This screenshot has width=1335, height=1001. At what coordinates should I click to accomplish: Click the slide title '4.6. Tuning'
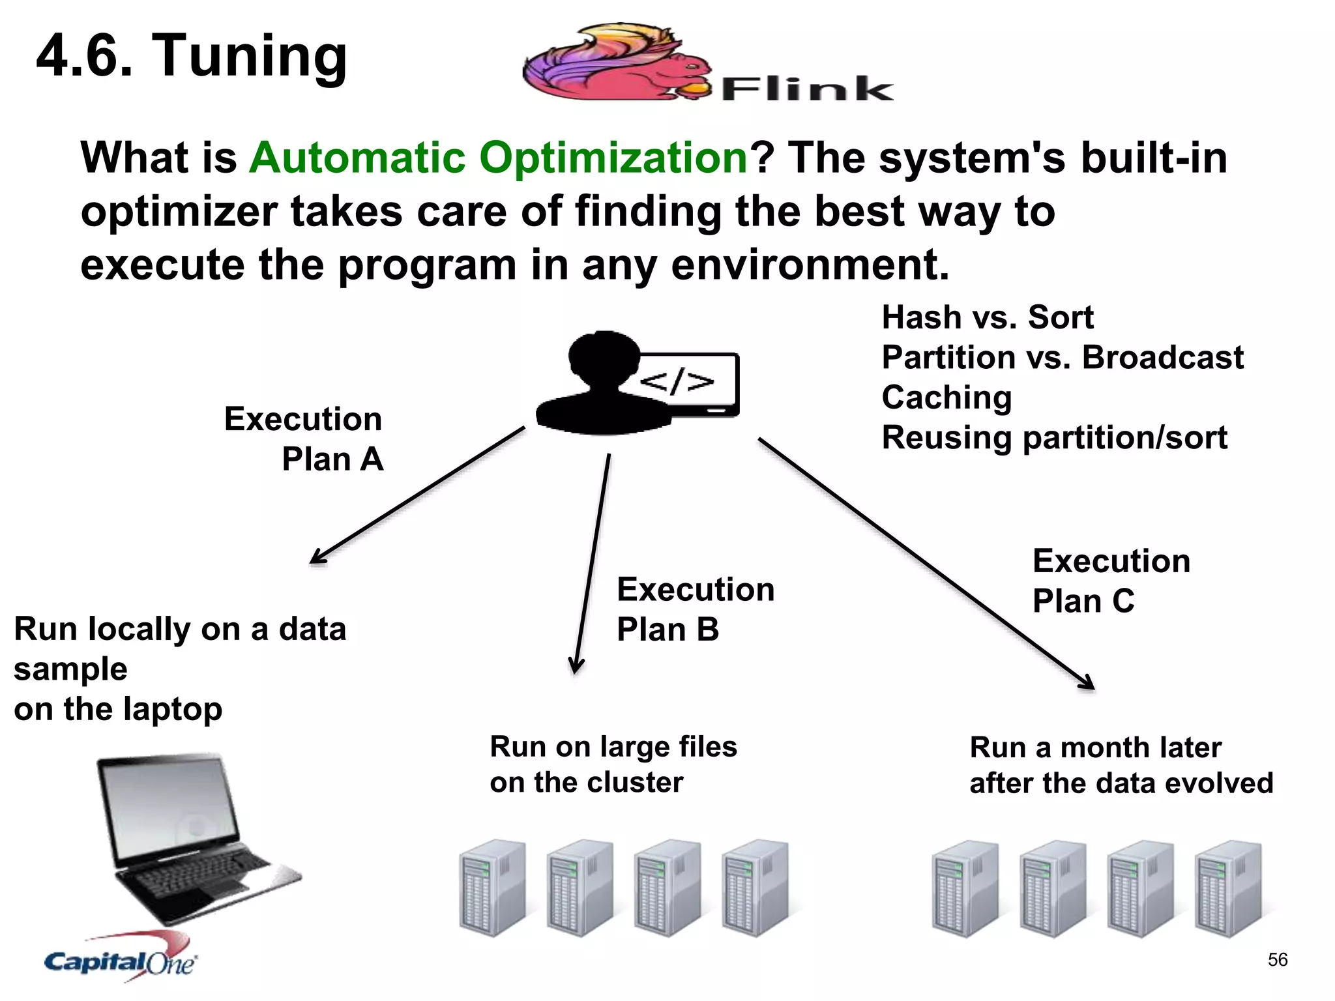[192, 56]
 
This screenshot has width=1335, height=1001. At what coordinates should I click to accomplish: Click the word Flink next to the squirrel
[807, 89]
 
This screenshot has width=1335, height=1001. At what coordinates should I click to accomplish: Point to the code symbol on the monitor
[677, 382]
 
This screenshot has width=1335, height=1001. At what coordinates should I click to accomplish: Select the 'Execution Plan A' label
[304, 439]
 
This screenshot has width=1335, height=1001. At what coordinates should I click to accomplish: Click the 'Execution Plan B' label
[695, 609]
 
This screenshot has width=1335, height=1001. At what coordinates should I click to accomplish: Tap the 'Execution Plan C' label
[1110, 581]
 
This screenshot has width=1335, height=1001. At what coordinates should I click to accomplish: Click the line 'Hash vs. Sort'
[987, 318]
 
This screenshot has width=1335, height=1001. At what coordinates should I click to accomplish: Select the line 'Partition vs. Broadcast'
[1062, 358]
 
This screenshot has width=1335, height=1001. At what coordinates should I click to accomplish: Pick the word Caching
[946, 398]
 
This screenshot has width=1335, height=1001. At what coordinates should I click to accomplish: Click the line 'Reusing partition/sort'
[1054, 438]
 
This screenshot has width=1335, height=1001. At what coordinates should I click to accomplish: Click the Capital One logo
[121, 960]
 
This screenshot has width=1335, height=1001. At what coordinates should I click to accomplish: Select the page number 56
[1277, 959]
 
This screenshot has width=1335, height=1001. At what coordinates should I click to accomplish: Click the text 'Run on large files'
[613, 747]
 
